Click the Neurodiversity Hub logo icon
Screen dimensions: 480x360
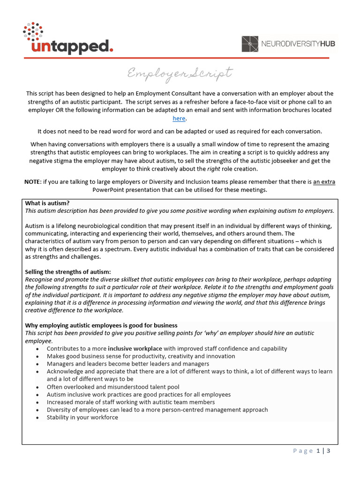point(250,44)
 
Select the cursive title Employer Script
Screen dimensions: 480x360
point(180,74)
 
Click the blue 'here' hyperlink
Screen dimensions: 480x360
point(179,119)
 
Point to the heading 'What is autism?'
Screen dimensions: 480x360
point(47,203)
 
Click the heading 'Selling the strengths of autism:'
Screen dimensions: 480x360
point(68,271)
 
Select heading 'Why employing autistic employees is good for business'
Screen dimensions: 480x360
point(101,325)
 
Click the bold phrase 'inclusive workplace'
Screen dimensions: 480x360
point(135,349)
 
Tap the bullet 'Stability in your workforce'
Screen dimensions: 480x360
point(82,417)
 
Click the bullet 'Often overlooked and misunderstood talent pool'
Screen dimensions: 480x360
point(112,387)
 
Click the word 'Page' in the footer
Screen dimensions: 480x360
point(303,451)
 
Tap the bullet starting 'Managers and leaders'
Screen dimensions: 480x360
point(128,364)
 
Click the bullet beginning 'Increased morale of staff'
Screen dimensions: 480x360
point(131,402)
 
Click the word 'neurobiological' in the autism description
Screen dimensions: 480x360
point(92,226)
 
